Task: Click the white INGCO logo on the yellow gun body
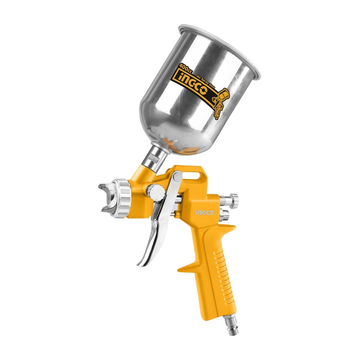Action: click(x=205, y=213)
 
